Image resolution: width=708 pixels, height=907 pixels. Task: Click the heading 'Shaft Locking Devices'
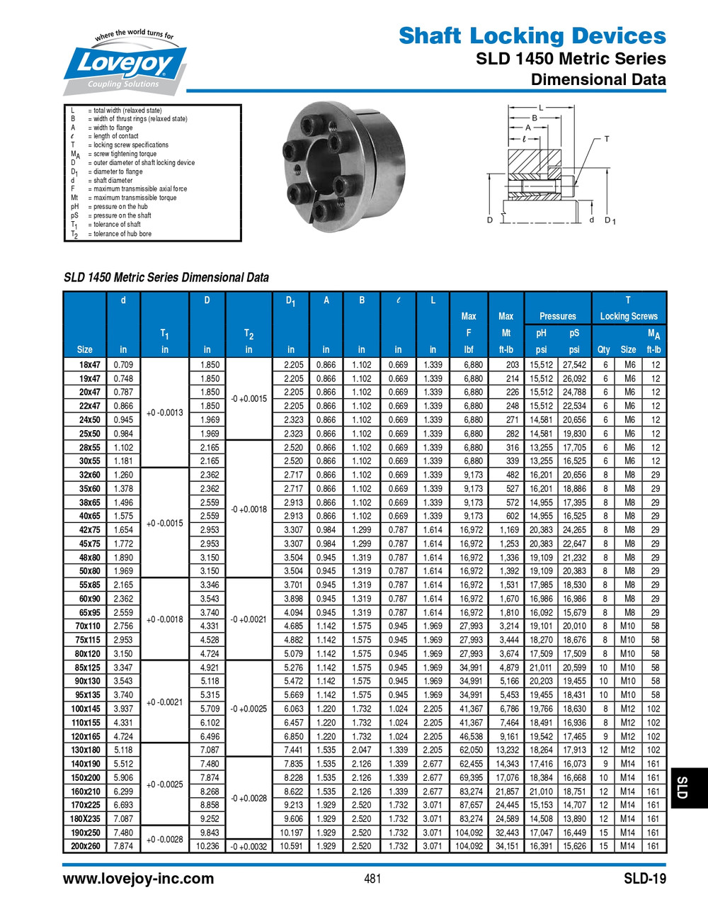tap(532, 35)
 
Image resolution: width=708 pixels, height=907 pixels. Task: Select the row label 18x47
tap(89, 365)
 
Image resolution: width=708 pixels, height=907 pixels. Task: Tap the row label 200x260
tap(86, 846)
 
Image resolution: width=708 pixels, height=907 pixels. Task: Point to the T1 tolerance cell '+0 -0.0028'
tap(164, 839)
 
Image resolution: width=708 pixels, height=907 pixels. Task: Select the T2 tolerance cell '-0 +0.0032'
tap(249, 846)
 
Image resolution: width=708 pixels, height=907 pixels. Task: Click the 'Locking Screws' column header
tap(629, 316)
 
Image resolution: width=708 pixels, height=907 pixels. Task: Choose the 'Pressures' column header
tap(557, 316)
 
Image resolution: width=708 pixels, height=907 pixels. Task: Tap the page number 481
tap(372, 879)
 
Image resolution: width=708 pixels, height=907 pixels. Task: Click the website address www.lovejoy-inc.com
tap(138, 879)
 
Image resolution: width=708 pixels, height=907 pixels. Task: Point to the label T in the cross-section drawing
tap(606, 139)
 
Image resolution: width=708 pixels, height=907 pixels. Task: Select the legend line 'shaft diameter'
tap(112, 180)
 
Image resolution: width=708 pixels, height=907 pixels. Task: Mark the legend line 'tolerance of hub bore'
tap(122, 233)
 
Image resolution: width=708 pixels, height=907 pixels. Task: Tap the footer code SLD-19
tap(644, 879)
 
